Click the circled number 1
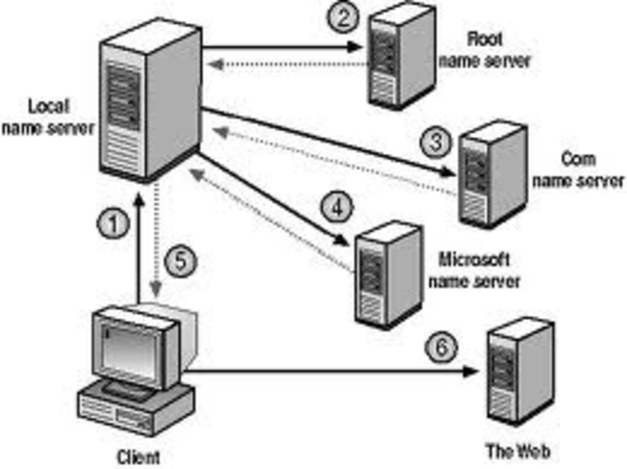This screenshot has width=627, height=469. [116, 225]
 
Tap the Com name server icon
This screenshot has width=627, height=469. [487, 168]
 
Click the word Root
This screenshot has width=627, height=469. [484, 41]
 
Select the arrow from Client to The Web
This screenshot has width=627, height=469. [333, 371]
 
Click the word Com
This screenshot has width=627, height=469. [574, 158]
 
